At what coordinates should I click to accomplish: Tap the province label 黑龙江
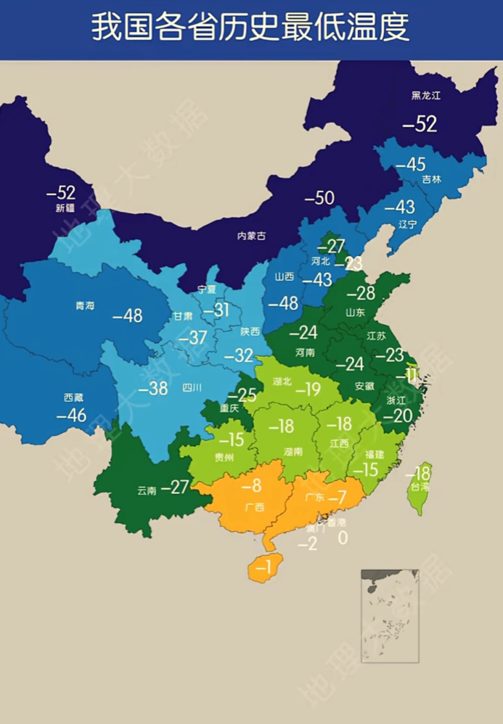[x=426, y=96]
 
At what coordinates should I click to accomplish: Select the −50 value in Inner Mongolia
[x=319, y=199]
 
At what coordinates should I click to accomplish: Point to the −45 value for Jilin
[x=410, y=165]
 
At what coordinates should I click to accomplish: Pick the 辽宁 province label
[x=407, y=224]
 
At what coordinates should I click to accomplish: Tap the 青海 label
[x=85, y=305]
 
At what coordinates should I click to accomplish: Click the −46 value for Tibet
[x=72, y=415]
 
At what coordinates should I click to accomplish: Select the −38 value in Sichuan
[x=153, y=389]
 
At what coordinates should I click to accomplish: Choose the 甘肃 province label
[x=183, y=316]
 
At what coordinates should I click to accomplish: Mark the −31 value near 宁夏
[x=216, y=310]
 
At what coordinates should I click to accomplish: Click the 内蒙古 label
[x=251, y=236]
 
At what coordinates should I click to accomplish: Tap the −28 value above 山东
[x=361, y=293]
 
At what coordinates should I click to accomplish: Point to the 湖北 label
[x=282, y=381]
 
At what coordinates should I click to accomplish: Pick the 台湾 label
[x=420, y=486]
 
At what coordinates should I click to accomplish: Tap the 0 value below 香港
[x=342, y=538]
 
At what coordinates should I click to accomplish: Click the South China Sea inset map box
[x=390, y=615]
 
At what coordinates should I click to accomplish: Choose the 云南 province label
[x=146, y=490]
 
